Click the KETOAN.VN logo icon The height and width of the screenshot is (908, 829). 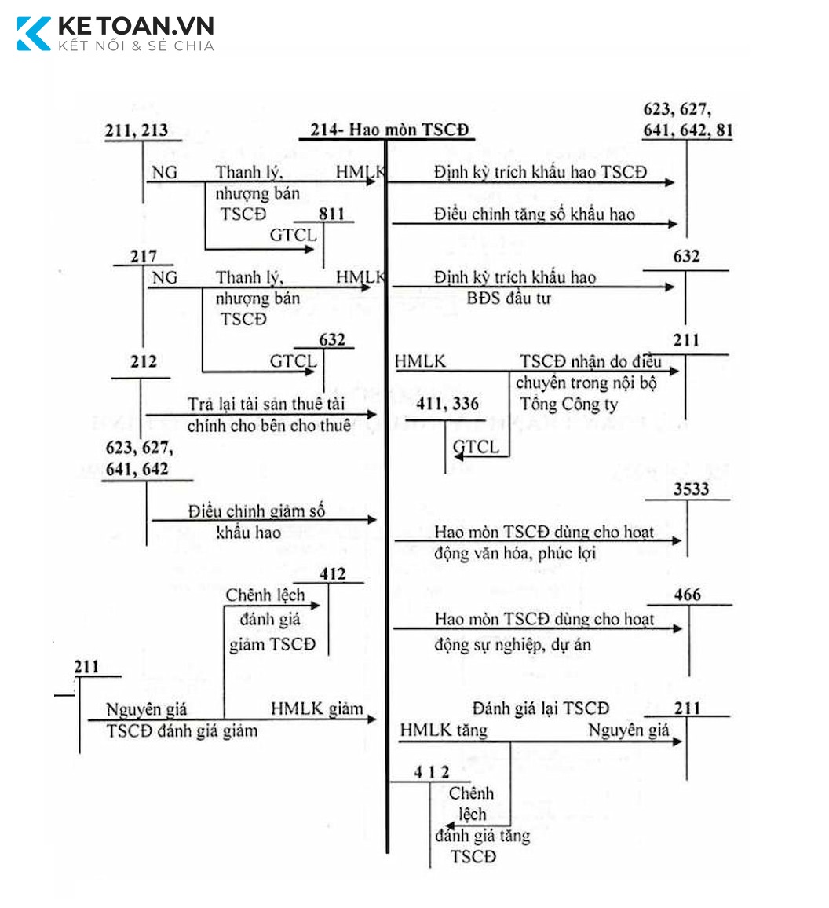pyautogui.click(x=34, y=34)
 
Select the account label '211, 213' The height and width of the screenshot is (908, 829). pyautogui.click(x=137, y=130)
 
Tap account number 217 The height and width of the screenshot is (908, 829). pyautogui.click(x=143, y=256)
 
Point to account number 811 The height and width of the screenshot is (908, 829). pyautogui.click(x=332, y=214)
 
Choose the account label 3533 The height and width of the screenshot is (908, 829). pyautogui.click(x=691, y=489)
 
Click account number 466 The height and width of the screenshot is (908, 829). pyautogui.click(x=688, y=595)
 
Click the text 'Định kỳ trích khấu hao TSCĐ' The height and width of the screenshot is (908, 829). pyautogui.click(x=540, y=172)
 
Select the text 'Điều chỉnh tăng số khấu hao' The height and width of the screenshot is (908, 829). pyautogui.click(x=534, y=214)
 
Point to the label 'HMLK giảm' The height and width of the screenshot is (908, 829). pyautogui.click(x=317, y=708)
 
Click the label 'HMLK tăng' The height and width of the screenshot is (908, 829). pyautogui.click(x=444, y=730)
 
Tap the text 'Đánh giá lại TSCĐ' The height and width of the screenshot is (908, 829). pyautogui.click(x=541, y=708)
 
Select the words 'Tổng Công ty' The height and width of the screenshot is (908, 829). pyautogui.click(x=568, y=405)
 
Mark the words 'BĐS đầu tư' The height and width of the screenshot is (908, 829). pyautogui.click(x=509, y=298)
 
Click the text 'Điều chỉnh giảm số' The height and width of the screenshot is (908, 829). pyautogui.click(x=257, y=511)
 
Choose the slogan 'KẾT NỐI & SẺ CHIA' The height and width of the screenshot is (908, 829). pyautogui.click(x=136, y=46)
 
